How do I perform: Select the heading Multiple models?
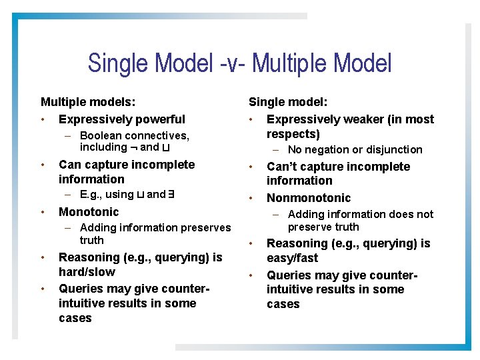pyautogui.click(x=88, y=102)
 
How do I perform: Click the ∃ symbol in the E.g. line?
pyautogui.click(x=171, y=195)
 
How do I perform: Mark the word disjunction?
pyautogui.click(x=394, y=150)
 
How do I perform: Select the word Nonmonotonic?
pyautogui.click(x=309, y=198)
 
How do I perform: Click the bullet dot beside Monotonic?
pyautogui.click(x=42, y=212)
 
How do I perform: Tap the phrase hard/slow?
pyautogui.click(x=87, y=272)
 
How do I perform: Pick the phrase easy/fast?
pyautogui.click(x=293, y=258)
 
